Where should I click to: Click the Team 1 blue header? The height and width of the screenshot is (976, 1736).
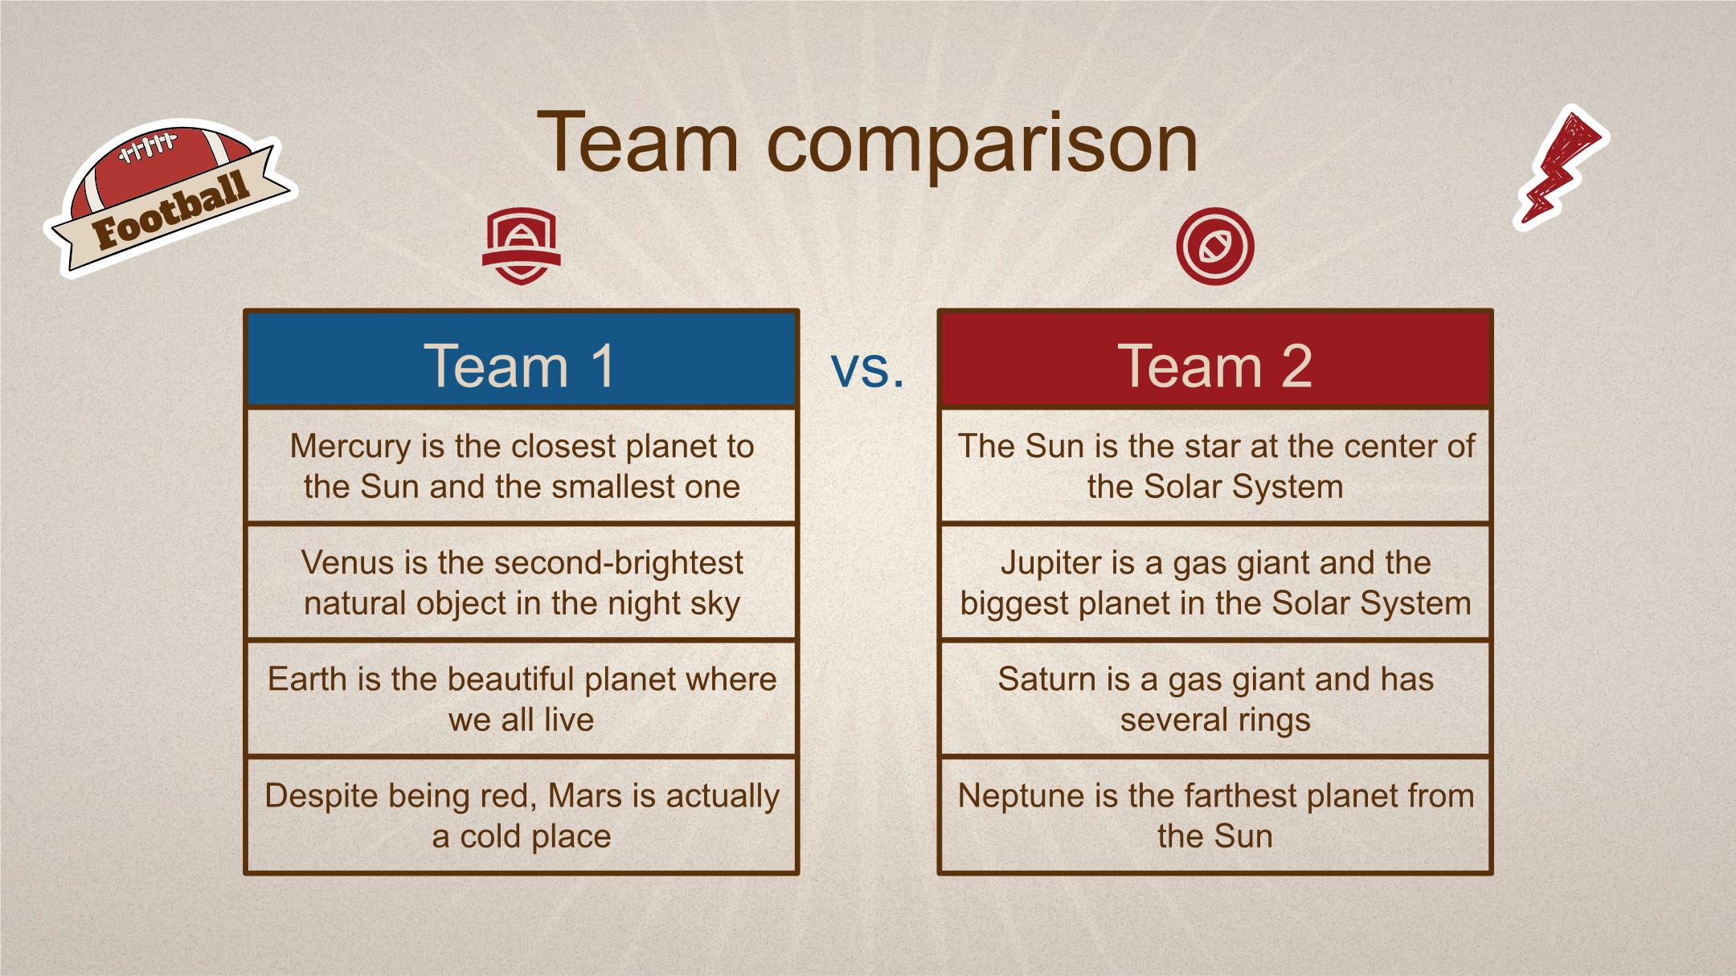(521, 359)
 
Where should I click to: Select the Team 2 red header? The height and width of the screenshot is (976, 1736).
(1214, 359)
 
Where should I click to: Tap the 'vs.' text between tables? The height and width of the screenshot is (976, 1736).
(867, 369)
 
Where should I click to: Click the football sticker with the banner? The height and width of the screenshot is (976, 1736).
(170, 198)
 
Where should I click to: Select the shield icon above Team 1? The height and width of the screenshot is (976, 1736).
(521, 246)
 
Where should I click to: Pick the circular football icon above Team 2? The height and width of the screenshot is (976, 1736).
(1214, 246)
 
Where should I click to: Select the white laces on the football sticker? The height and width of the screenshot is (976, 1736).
(146, 147)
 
